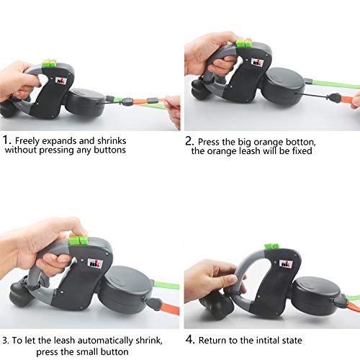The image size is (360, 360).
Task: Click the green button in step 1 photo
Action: point(49,64)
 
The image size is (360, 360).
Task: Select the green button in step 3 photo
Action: point(78,240)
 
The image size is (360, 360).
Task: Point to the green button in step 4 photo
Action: point(271,246)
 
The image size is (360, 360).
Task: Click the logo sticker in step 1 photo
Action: point(60,80)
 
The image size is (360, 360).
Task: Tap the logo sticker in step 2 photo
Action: point(257,62)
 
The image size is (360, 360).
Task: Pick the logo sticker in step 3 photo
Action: point(96,263)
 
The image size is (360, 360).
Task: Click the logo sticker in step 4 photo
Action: point(286,264)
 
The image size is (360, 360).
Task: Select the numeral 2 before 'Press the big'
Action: point(189,141)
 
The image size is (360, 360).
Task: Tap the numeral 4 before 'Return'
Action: point(189,340)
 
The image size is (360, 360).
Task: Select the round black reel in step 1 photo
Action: point(85,102)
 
